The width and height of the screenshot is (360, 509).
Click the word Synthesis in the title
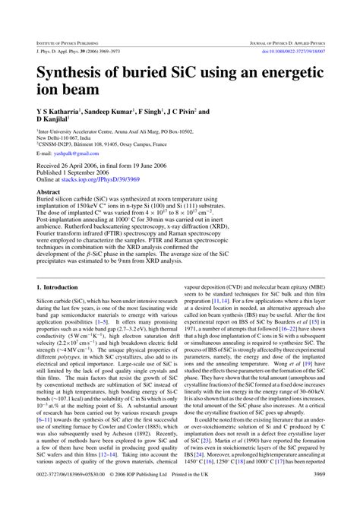74,72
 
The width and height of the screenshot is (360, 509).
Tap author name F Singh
166,112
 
